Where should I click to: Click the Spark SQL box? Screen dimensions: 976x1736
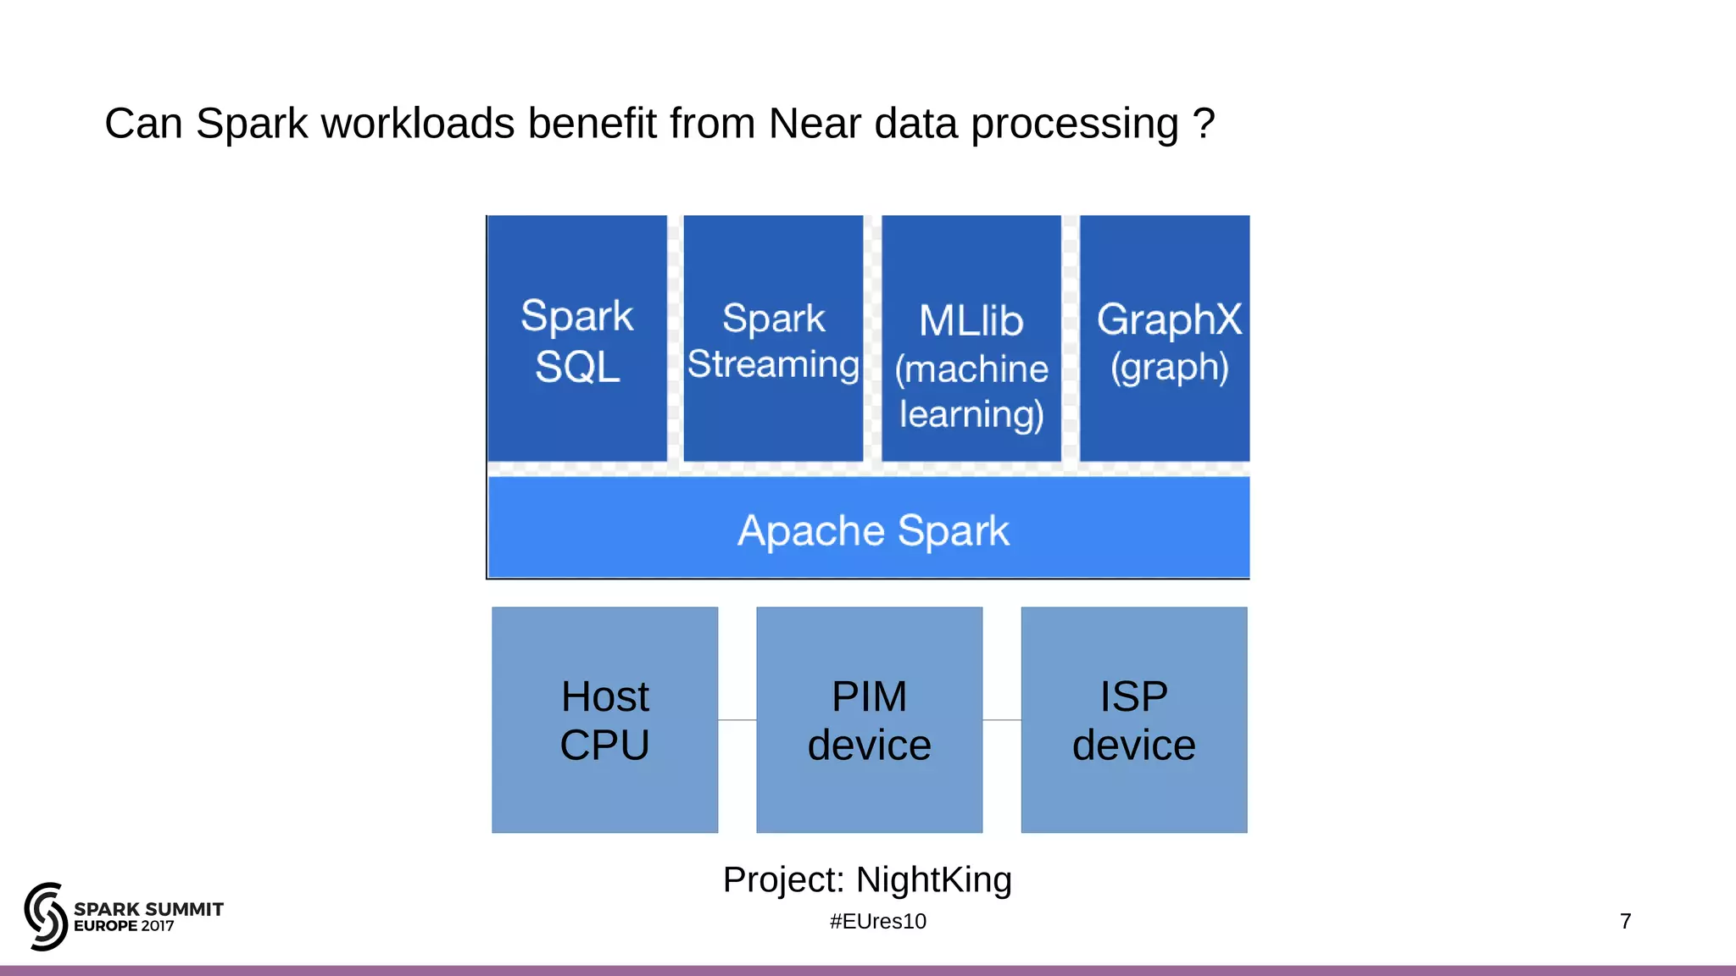pos(577,339)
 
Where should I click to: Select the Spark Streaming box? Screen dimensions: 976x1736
pos(773,339)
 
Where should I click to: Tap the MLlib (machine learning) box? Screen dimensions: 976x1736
pos(971,339)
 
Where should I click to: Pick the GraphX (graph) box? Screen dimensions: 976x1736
pos(1165,339)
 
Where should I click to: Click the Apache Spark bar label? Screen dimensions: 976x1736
pos(873,531)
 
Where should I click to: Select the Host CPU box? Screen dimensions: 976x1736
pos(604,720)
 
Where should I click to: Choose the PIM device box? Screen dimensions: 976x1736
pos(869,720)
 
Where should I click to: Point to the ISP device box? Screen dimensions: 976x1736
pos(1133,720)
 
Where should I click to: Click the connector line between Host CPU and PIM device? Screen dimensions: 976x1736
pos(737,720)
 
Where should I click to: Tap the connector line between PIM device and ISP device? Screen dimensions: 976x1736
pos(1001,720)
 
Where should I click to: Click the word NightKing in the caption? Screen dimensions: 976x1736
pos(933,879)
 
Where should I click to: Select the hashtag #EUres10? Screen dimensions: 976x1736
pos(877,921)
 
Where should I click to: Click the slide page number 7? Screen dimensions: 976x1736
pos(1625,921)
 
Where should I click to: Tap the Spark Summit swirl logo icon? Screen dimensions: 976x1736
pos(46,916)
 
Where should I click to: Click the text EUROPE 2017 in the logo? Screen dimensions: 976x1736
pos(124,926)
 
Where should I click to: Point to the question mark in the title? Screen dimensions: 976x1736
pos(1204,124)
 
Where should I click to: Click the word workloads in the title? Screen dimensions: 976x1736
pos(419,124)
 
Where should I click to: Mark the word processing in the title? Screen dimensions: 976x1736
pos(1075,124)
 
